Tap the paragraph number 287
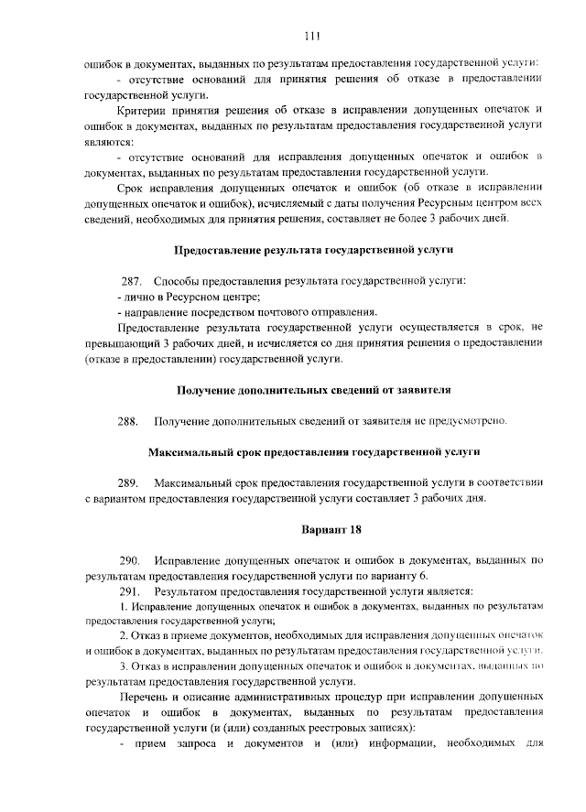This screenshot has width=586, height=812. pos(132,280)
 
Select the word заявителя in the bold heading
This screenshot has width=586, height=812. pos(421,389)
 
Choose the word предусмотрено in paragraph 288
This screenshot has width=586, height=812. pos(466,421)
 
